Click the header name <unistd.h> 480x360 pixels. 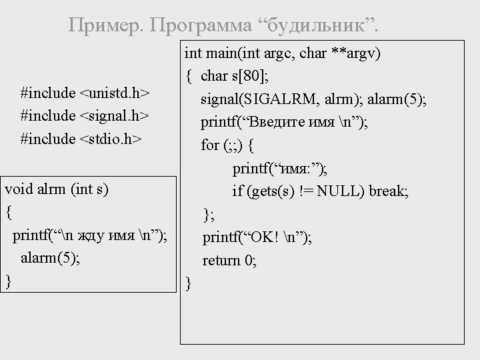pyautogui.click(x=114, y=91)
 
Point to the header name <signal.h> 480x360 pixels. pyautogui.click(x=114, y=115)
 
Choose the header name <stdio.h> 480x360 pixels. pyautogui.click(x=111, y=139)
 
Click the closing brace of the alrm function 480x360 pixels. pyautogui.click(x=8, y=281)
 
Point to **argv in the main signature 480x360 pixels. pyautogui.click(x=356, y=53)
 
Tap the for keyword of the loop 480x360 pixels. pyautogui.click(x=210, y=145)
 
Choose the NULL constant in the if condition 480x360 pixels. pyautogui.click(x=338, y=191)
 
